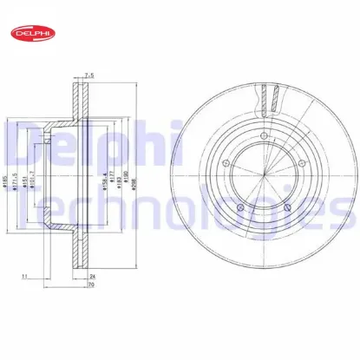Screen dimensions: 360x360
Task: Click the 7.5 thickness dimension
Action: [87, 75]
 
